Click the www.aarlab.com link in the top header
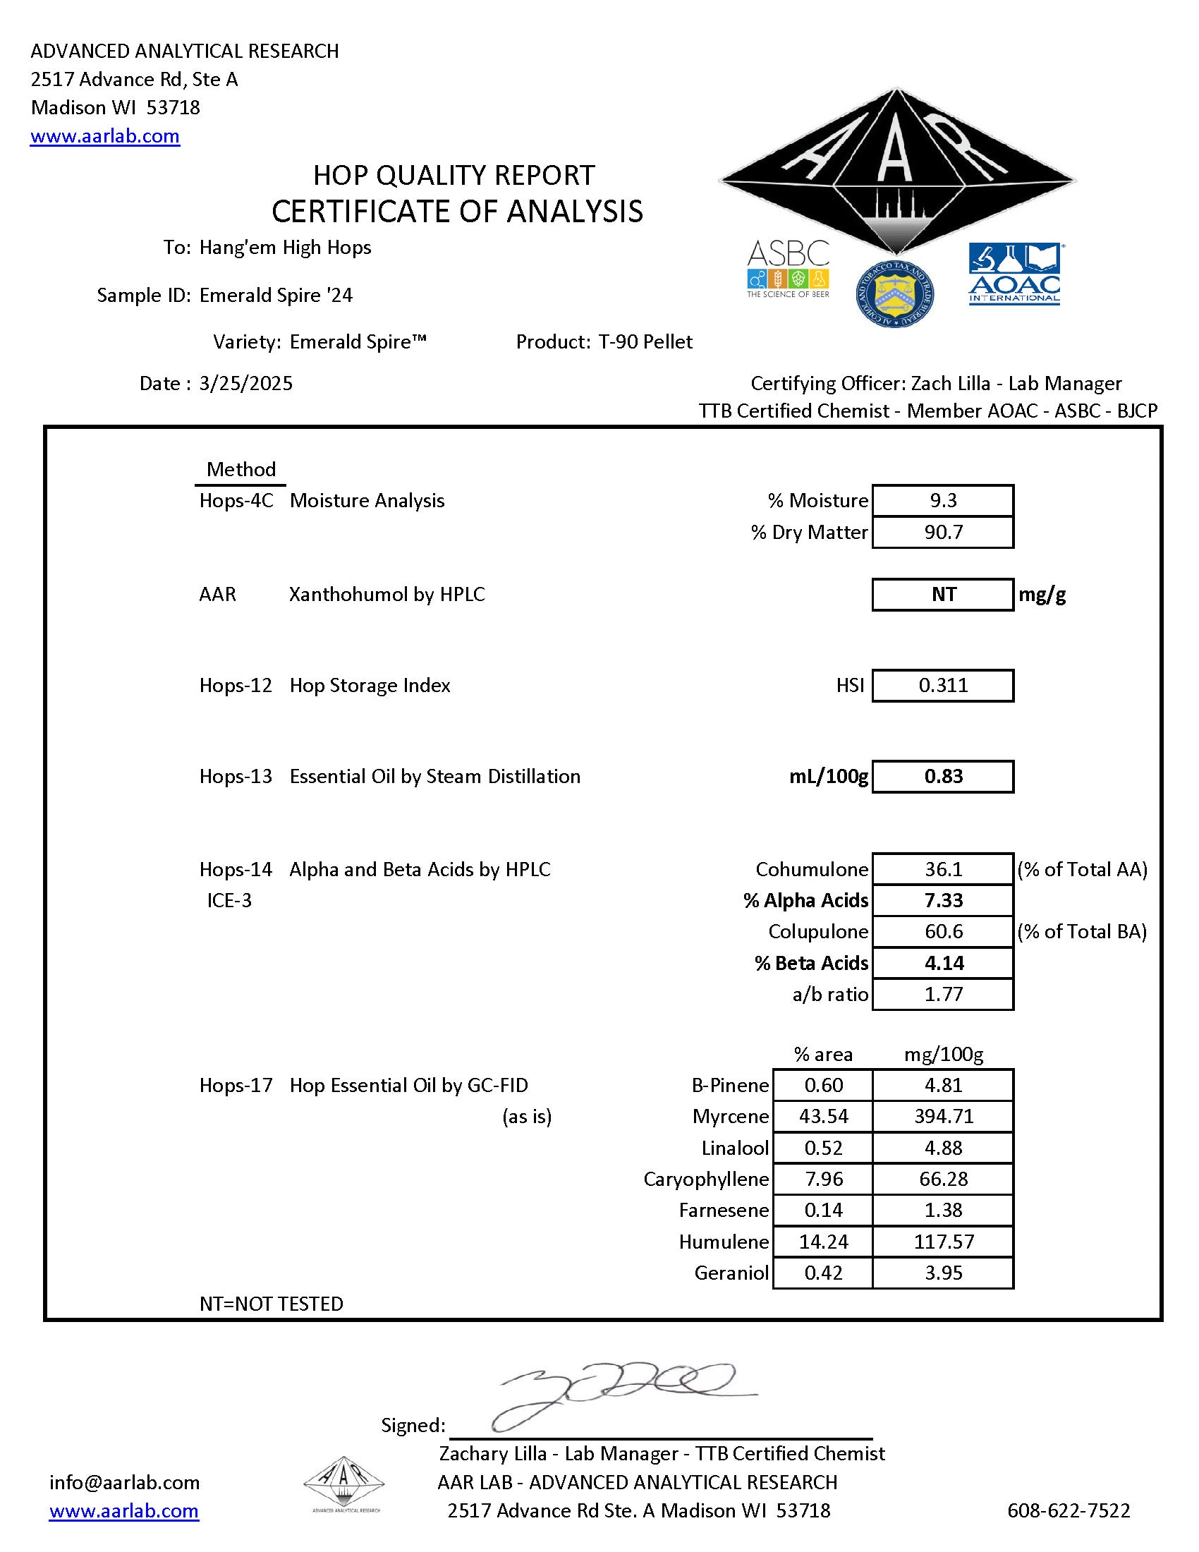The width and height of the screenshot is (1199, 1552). [x=104, y=135]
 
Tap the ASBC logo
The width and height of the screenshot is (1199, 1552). [x=788, y=268]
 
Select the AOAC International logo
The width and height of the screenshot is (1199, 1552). [x=1014, y=274]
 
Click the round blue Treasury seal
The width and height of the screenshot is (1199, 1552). [x=894, y=292]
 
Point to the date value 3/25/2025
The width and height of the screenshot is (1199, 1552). [x=245, y=384]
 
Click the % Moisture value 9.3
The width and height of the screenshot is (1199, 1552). [x=942, y=500]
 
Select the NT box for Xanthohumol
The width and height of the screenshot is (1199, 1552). [x=942, y=594]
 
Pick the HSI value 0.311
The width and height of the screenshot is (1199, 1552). [x=942, y=685]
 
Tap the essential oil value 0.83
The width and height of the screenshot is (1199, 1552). [x=942, y=776]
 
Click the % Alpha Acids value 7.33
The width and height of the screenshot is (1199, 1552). [x=942, y=900]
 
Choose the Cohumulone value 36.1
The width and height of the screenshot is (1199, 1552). [x=942, y=869]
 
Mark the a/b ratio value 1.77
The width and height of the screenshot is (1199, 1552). [x=942, y=994]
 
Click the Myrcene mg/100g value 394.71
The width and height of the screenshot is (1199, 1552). [x=942, y=1117]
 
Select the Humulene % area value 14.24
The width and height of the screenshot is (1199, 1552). [x=823, y=1242]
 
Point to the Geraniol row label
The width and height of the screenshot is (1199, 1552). [x=731, y=1273]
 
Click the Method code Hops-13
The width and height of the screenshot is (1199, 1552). [x=236, y=776]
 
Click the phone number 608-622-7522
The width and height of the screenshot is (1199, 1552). [x=1069, y=1511]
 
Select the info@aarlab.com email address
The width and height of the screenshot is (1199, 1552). [x=124, y=1482]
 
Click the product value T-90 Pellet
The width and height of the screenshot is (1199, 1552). [x=645, y=342]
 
